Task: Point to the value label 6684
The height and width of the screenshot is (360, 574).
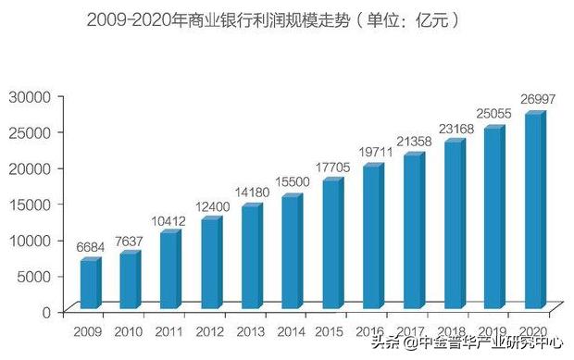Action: point(89,247)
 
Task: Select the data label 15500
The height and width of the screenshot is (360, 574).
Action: point(293,183)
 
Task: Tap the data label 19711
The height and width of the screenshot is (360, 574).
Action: point(375,153)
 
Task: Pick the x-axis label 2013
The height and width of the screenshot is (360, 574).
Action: point(252,331)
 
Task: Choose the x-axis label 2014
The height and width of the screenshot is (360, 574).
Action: point(292,331)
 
